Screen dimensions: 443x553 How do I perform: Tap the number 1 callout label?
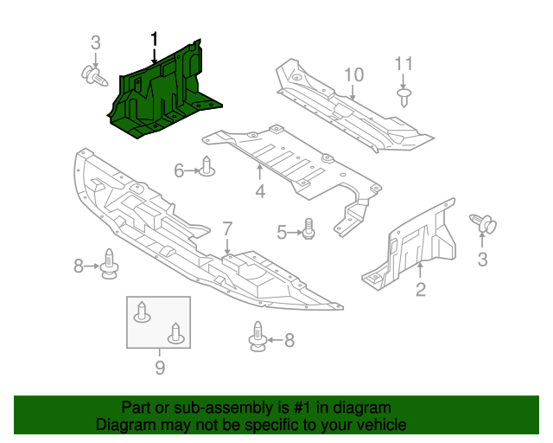click(x=155, y=39)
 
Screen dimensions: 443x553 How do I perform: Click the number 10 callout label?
click(x=354, y=74)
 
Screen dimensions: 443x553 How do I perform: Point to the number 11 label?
click(x=404, y=63)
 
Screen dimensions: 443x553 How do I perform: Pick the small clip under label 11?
click(x=404, y=94)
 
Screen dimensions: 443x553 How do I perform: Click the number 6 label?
click(x=179, y=170)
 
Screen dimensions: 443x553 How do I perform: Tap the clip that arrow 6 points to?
click(x=207, y=168)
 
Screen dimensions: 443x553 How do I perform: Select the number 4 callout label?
click(x=260, y=191)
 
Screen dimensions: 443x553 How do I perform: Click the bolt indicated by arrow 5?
click(x=309, y=231)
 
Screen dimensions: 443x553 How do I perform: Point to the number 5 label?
click(x=282, y=232)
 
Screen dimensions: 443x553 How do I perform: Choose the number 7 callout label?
click(x=227, y=229)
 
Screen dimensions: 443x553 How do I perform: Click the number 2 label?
click(x=420, y=290)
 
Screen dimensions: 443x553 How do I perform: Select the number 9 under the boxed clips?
click(x=160, y=367)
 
